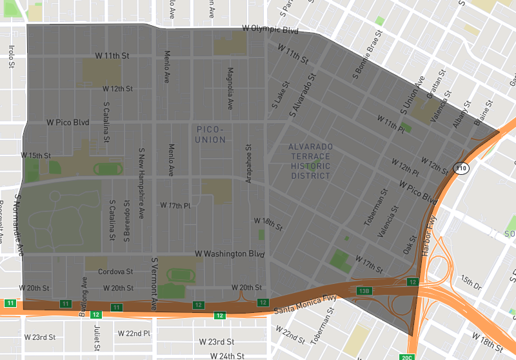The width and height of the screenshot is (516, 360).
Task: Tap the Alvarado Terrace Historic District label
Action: tap(310, 161)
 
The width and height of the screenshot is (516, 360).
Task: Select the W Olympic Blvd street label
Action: tap(270, 30)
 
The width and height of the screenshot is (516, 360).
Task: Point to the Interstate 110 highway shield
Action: tap(461, 168)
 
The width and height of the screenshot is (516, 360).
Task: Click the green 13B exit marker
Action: tap(365, 291)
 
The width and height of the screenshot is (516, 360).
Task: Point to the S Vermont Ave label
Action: tap(154, 284)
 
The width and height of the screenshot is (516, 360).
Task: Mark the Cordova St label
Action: tap(115, 272)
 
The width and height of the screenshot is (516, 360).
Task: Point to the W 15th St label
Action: tap(35, 155)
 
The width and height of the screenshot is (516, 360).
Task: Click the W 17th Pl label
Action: tap(175, 206)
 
